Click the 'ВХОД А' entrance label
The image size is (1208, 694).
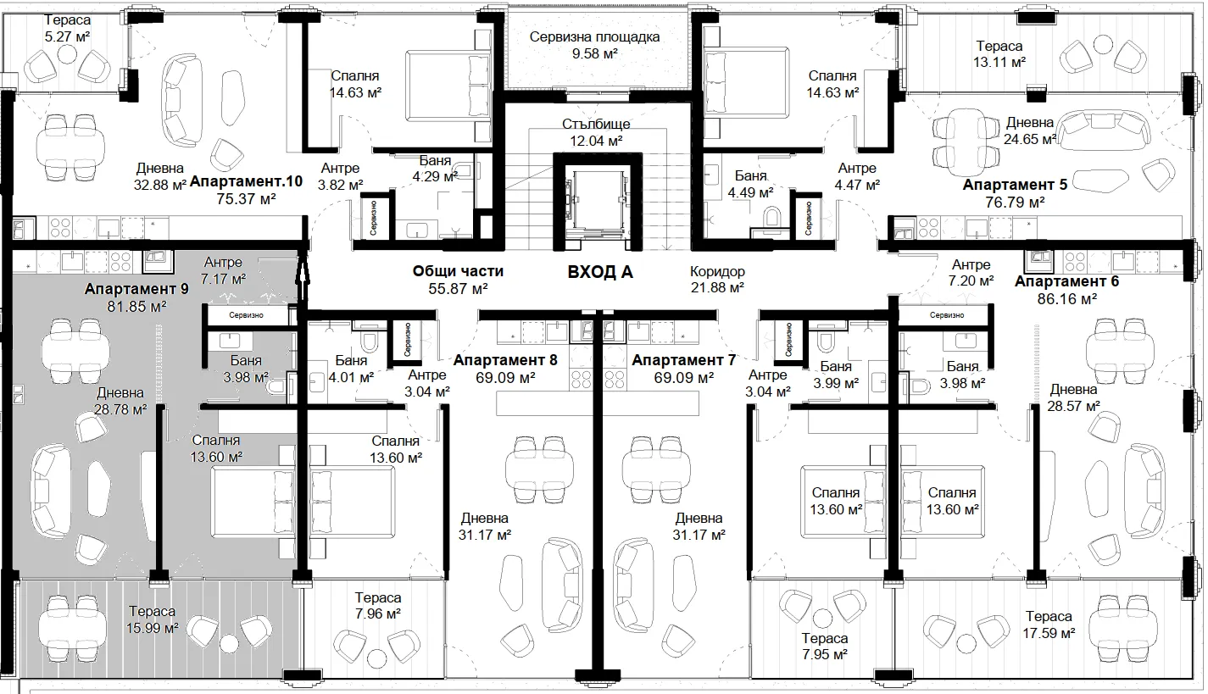[600, 272]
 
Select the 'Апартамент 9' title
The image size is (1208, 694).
[136, 289]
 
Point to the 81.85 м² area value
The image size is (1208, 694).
[136, 306]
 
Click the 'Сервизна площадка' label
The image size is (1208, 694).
[594, 37]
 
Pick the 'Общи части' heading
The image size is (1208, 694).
[458, 271]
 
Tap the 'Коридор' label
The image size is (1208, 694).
[717, 271]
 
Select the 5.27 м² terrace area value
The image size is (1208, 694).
[68, 36]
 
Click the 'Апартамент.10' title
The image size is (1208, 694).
[246, 181]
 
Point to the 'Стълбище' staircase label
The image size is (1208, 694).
[596, 124]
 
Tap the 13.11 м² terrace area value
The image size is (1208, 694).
[999, 62]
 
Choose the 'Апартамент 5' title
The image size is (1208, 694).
[1015, 185]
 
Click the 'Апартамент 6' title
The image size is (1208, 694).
[1066, 281]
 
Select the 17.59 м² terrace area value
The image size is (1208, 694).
[1049, 632]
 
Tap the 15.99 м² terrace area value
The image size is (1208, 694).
[152, 628]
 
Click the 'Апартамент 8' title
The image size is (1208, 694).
[505, 360]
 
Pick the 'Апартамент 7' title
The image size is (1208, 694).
[684, 360]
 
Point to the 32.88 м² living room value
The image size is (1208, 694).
[160, 185]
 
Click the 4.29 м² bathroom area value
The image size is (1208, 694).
[435, 176]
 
